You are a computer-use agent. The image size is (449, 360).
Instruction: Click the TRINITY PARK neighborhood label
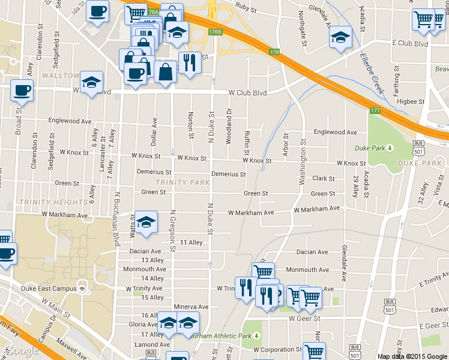(182, 182)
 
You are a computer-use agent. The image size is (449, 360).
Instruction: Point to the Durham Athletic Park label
(220, 336)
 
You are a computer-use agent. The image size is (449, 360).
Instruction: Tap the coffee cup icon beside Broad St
(22, 91)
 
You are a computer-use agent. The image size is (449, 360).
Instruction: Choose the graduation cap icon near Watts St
(146, 223)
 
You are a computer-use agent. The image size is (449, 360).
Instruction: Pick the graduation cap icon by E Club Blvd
(340, 37)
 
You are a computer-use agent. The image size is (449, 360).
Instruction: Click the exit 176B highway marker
(215, 32)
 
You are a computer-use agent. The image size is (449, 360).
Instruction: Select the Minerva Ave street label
(191, 307)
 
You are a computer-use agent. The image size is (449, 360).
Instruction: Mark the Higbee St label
(411, 101)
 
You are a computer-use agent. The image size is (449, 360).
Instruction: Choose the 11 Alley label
(191, 242)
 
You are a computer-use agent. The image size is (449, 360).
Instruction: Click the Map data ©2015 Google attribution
(412, 356)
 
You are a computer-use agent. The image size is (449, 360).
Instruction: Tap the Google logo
(22, 350)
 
